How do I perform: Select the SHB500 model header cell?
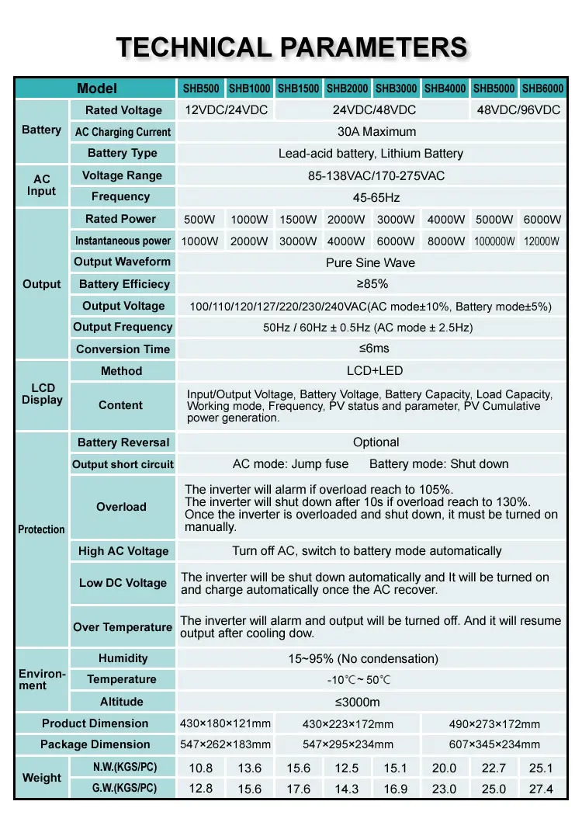pos(201,88)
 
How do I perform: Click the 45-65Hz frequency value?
pos(376,197)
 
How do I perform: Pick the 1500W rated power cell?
pos(298,220)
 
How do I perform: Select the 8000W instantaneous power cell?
pos(446,241)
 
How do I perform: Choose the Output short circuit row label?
pos(123,464)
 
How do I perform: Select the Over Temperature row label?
pos(123,627)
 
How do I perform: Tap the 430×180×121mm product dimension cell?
pos(226,723)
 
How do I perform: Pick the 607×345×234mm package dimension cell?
pos(494,744)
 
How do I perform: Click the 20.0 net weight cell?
pos(445,768)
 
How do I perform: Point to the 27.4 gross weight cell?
pos(541,789)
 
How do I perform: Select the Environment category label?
pos(41,680)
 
